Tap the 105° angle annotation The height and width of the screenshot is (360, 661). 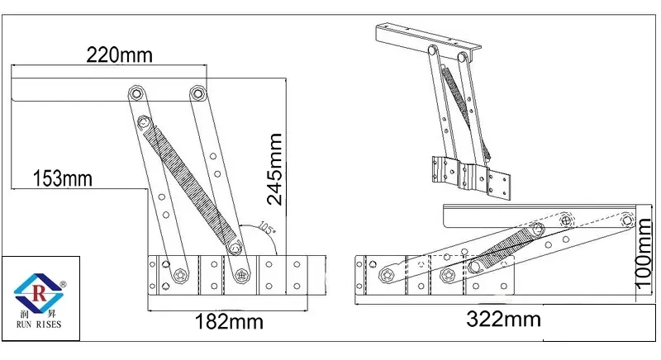tap(267, 227)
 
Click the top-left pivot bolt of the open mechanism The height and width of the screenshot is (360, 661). tap(135, 92)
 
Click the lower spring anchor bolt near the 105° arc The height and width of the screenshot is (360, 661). tap(235, 246)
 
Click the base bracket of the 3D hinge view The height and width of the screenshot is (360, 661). tap(471, 175)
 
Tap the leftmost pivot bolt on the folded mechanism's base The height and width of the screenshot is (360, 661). tap(386, 269)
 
